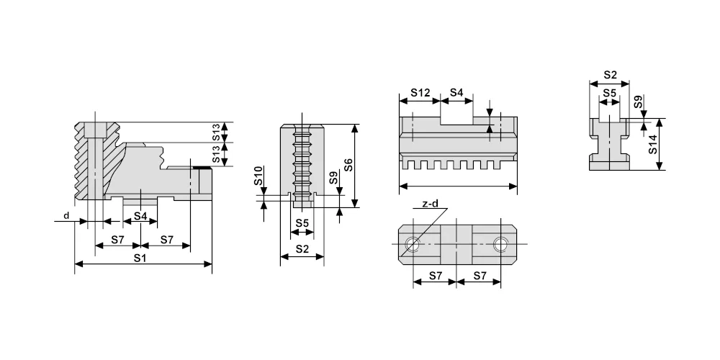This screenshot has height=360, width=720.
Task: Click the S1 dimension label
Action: [140, 258]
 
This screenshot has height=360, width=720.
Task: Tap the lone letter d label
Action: [66, 215]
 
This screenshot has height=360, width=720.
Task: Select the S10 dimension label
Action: [258, 176]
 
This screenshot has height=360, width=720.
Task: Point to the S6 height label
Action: [348, 165]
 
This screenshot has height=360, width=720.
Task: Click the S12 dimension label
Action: [420, 93]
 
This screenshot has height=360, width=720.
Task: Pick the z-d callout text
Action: [430, 204]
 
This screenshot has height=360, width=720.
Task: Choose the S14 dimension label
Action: [652, 144]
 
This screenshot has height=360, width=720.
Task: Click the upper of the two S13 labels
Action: [216, 132]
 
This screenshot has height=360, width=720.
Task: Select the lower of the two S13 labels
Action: [216, 154]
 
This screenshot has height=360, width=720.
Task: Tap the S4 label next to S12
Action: [456, 93]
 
